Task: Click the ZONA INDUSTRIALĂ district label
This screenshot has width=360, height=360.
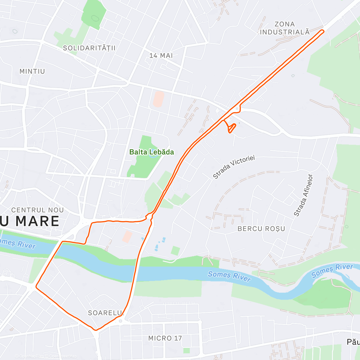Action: point(284,28)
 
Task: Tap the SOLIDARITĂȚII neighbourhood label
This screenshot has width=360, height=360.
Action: point(89,48)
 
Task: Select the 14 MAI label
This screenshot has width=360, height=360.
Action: point(161,55)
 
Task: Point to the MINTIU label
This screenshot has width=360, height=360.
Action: point(32,71)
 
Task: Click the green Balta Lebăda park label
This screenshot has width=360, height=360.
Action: point(151,152)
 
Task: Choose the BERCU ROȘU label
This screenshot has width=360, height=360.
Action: point(261,229)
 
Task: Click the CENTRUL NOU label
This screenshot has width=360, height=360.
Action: point(37,210)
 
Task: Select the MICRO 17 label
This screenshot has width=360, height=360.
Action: point(165,338)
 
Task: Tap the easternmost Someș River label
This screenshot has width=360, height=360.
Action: point(332,270)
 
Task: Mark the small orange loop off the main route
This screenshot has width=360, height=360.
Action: point(231,128)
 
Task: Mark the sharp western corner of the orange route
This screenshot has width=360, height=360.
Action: point(36,287)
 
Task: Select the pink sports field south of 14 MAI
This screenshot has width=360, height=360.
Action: point(158,99)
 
